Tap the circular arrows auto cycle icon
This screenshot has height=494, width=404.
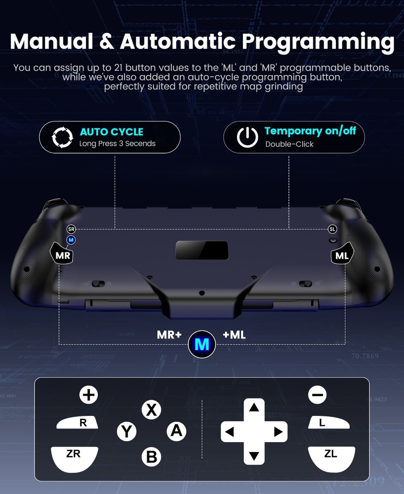63,137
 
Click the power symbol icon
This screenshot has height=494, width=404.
247,137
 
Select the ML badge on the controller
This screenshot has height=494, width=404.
342,256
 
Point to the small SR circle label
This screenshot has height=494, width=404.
71,229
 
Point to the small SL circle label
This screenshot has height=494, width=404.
332,229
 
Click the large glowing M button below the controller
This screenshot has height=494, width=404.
202,344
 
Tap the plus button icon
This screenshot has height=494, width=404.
89,394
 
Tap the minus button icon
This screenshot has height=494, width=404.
318,394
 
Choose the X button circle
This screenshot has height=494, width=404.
152,410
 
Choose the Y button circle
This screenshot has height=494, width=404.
127,431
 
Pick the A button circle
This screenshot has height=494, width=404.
176,431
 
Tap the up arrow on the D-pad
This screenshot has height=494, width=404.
254,408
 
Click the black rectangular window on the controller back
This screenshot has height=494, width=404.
202,250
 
